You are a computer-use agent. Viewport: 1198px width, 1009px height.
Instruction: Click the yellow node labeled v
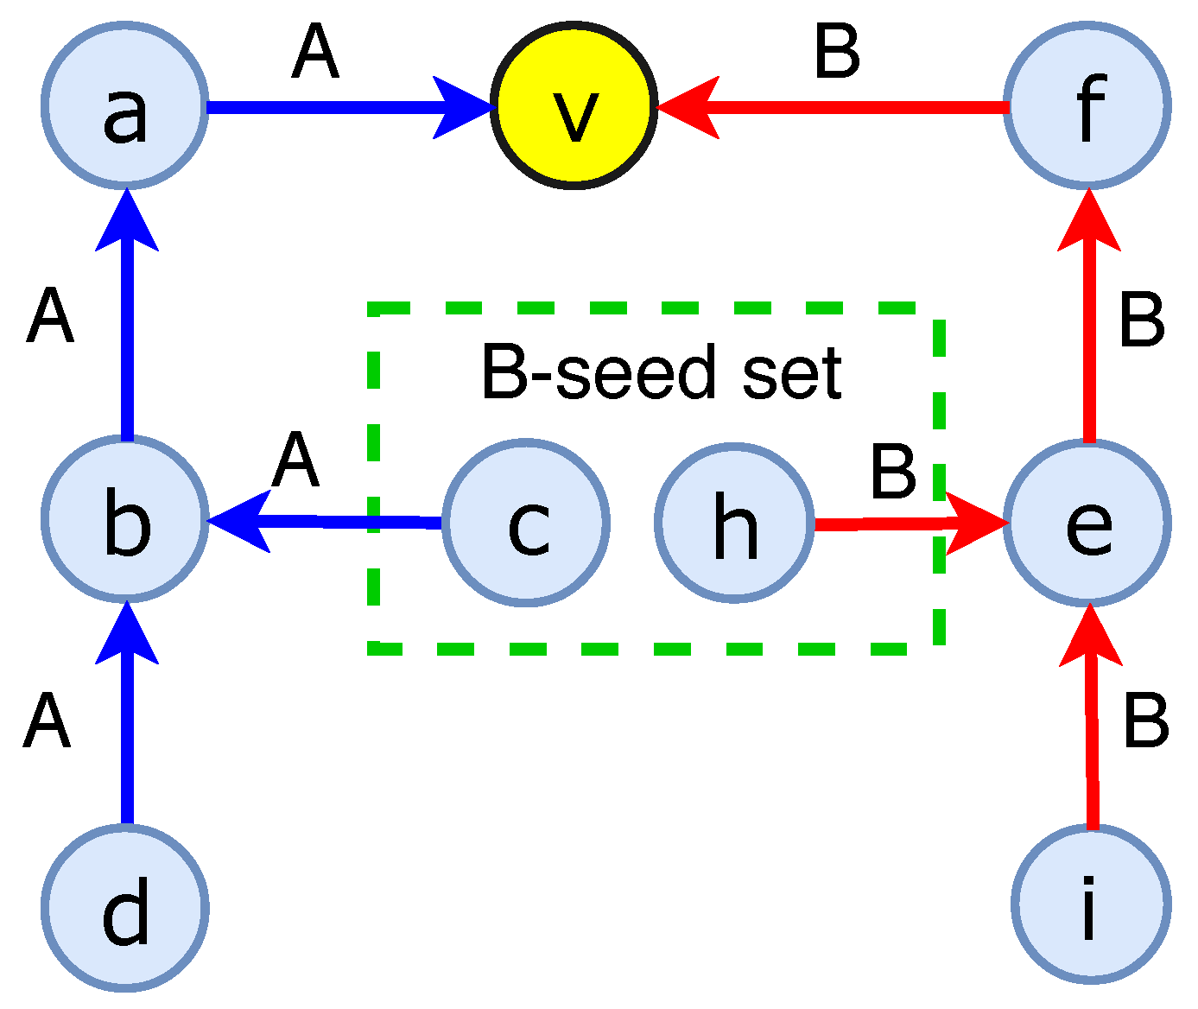pos(574,106)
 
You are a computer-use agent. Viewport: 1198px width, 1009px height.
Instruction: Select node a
pos(125,106)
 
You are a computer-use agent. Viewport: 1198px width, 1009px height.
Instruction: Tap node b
pos(125,518)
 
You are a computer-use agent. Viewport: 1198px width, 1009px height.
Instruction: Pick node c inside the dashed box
pos(526,523)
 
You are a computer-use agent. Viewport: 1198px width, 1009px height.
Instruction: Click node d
pos(125,907)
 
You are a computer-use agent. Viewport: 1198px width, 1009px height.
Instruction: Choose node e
pos(1090,523)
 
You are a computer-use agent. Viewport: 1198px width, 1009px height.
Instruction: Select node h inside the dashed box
pos(734,523)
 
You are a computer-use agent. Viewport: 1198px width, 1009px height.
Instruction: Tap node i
pos(1090,904)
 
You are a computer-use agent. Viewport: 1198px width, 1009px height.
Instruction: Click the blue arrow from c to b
pos(328,521)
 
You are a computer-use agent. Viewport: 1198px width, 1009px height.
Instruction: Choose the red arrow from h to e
pos(898,524)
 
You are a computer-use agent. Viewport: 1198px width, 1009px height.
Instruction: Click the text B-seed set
pos(661,373)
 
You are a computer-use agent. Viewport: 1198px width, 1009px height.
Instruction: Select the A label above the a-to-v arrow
pos(315,52)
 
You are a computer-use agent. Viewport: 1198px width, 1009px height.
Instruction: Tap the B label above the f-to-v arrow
pos(837,52)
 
